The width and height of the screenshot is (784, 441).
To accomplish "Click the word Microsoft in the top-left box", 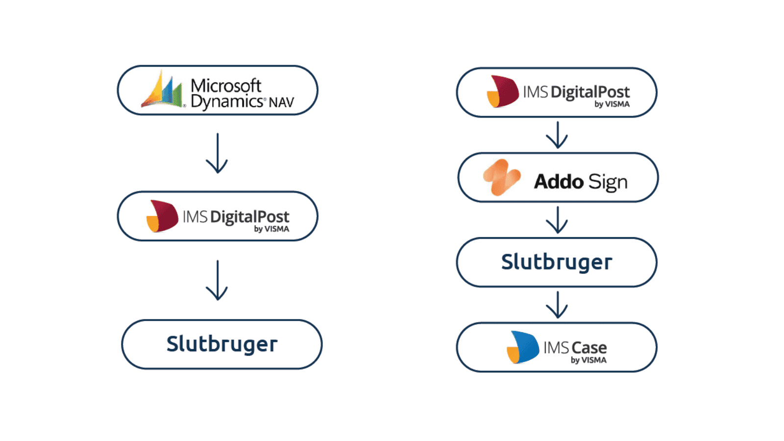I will pyautogui.click(x=226, y=85).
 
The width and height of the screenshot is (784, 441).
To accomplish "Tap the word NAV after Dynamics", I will pyautogui.click(x=281, y=102).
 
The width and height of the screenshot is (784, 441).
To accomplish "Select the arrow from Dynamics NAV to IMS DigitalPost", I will pyautogui.click(x=217, y=153).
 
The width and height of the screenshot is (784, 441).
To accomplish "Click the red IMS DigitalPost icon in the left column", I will pyautogui.click(x=162, y=216).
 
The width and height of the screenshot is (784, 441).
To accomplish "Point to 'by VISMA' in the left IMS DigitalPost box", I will pyautogui.click(x=271, y=229).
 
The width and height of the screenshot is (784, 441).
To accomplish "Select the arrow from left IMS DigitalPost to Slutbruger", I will pyautogui.click(x=217, y=280).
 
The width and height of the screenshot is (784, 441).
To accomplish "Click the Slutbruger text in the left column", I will pyautogui.click(x=222, y=344).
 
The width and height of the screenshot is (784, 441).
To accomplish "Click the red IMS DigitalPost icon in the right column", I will pyautogui.click(x=502, y=92).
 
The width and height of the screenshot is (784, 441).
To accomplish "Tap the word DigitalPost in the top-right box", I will pyautogui.click(x=590, y=92).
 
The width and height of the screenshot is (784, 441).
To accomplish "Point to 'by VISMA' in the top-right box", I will pyautogui.click(x=612, y=104).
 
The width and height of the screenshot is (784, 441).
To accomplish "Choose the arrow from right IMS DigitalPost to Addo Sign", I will pyautogui.click(x=557, y=135).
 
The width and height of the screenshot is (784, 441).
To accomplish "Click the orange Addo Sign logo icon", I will pyautogui.click(x=501, y=177).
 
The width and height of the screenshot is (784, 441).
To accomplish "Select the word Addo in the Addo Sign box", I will pyautogui.click(x=559, y=181).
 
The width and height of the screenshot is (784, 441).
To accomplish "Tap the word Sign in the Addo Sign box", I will pyautogui.click(x=608, y=182).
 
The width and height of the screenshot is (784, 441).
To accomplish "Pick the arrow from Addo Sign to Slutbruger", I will pyautogui.click(x=557, y=220).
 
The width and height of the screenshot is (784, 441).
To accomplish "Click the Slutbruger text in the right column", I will pyautogui.click(x=557, y=262).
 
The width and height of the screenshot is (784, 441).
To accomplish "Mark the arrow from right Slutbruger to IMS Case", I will pyautogui.click(x=557, y=305).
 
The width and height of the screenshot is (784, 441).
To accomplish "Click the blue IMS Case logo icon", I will pyautogui.click(x=523, y=347).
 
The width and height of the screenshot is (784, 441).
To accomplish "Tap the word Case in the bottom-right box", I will pyautogui.click(x=589, y=347).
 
